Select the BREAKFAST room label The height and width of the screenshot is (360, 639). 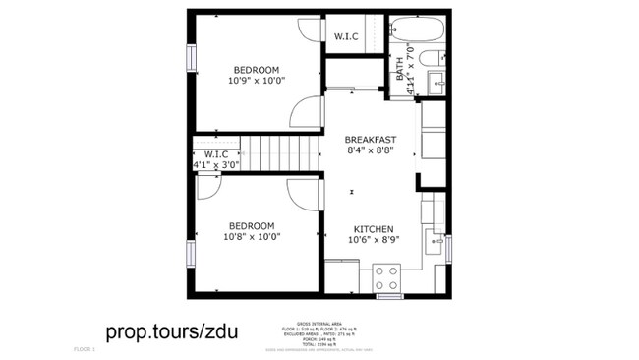[x=371, y=139]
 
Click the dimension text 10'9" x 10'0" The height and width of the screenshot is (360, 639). [x=256, y=82]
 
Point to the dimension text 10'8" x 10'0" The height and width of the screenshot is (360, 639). [x=253, y=236]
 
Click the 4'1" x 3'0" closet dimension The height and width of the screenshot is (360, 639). [x=216, y=165]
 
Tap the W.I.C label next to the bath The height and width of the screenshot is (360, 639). [x=346, y=37]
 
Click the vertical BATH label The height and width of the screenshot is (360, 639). [x=400, y=68]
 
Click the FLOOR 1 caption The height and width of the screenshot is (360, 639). [x=86, y=349]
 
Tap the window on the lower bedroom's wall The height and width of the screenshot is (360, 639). [x=191, y=255]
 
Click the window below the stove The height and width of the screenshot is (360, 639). [x=389, y=295]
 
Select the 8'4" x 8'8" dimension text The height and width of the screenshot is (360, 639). [x=371, y=150]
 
